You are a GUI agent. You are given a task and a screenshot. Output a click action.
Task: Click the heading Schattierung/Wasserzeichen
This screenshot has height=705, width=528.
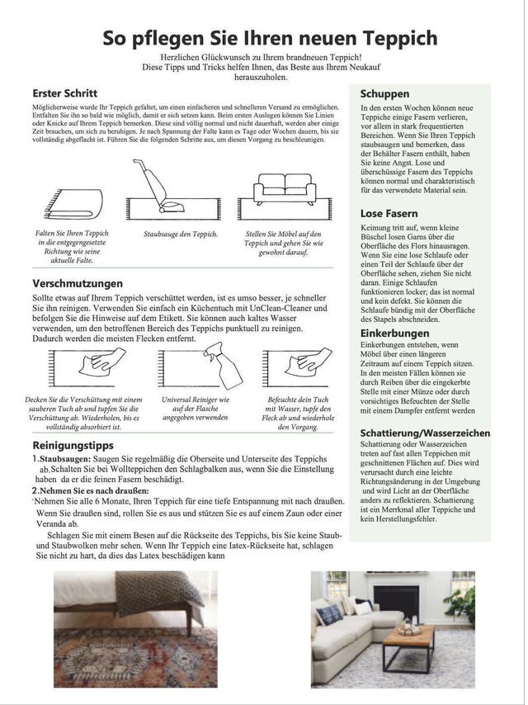425,433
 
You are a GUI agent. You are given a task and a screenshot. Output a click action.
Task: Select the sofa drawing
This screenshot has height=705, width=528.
284,195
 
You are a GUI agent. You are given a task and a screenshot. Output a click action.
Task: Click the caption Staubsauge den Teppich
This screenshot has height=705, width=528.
181,234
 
